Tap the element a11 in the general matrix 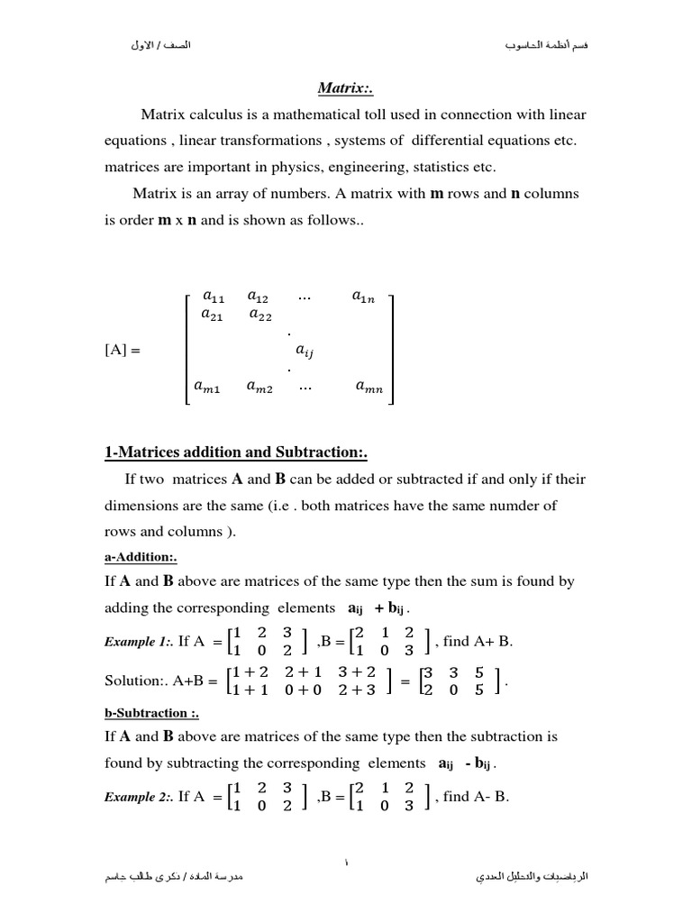(214, 296)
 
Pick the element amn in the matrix (369, 388)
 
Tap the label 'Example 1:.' (139, 643)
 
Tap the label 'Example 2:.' (139, 797)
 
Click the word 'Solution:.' (136, 681)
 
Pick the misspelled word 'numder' (514, 505)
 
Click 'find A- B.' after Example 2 (477, 796)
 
